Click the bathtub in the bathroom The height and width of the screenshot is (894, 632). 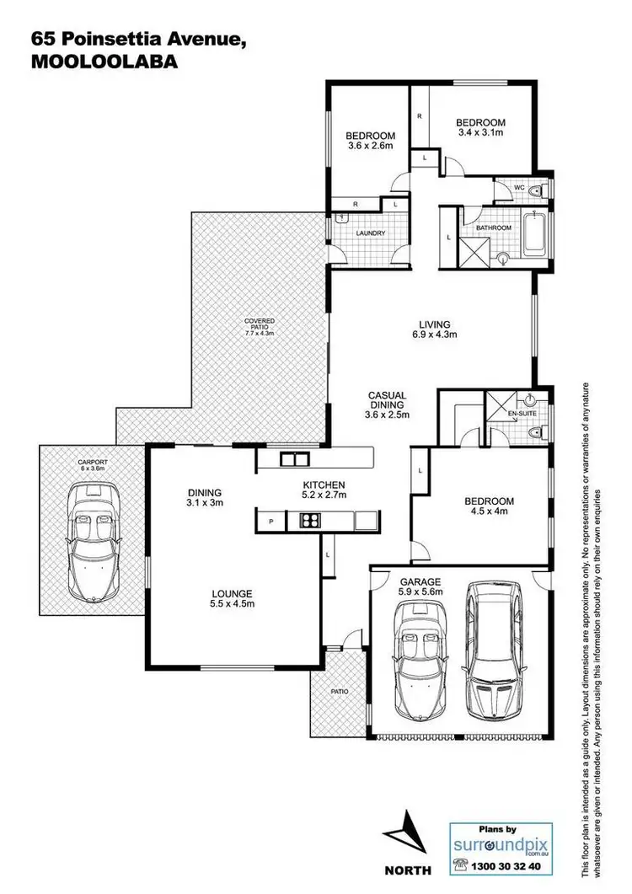(534, 238)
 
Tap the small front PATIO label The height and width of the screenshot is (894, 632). (339, 691)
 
